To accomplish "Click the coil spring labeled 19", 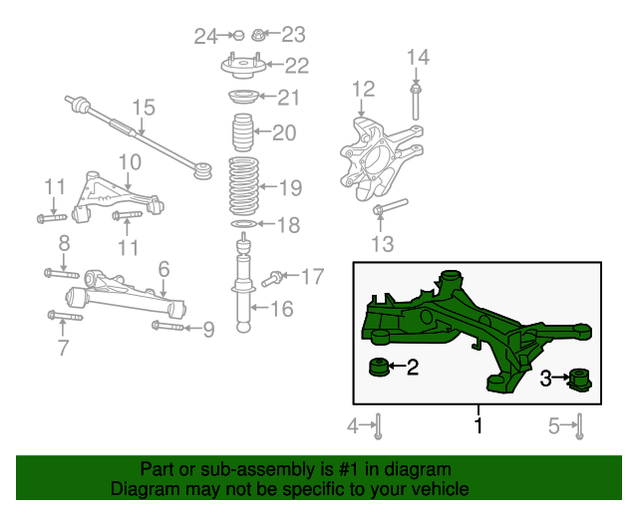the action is point(243,186).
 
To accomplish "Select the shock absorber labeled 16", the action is point(243,285).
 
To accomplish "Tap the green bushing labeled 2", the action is point(379,367).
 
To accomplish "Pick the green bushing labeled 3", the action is point(580,381).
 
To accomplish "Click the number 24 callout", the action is point(206,37).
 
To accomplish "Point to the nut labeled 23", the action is point(257,35).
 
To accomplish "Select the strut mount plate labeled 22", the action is point(243,66).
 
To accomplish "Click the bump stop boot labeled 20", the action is point(242,132).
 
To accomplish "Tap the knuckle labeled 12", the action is point(381,158).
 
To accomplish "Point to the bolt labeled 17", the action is point(272,279).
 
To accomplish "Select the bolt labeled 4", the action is point(379,426).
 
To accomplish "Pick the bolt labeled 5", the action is point(580,426).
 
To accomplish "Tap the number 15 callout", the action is point(144,108).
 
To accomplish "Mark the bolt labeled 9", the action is point(167,326).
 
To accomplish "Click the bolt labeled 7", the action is point(65,316).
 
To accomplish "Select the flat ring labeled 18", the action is point(243,224).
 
